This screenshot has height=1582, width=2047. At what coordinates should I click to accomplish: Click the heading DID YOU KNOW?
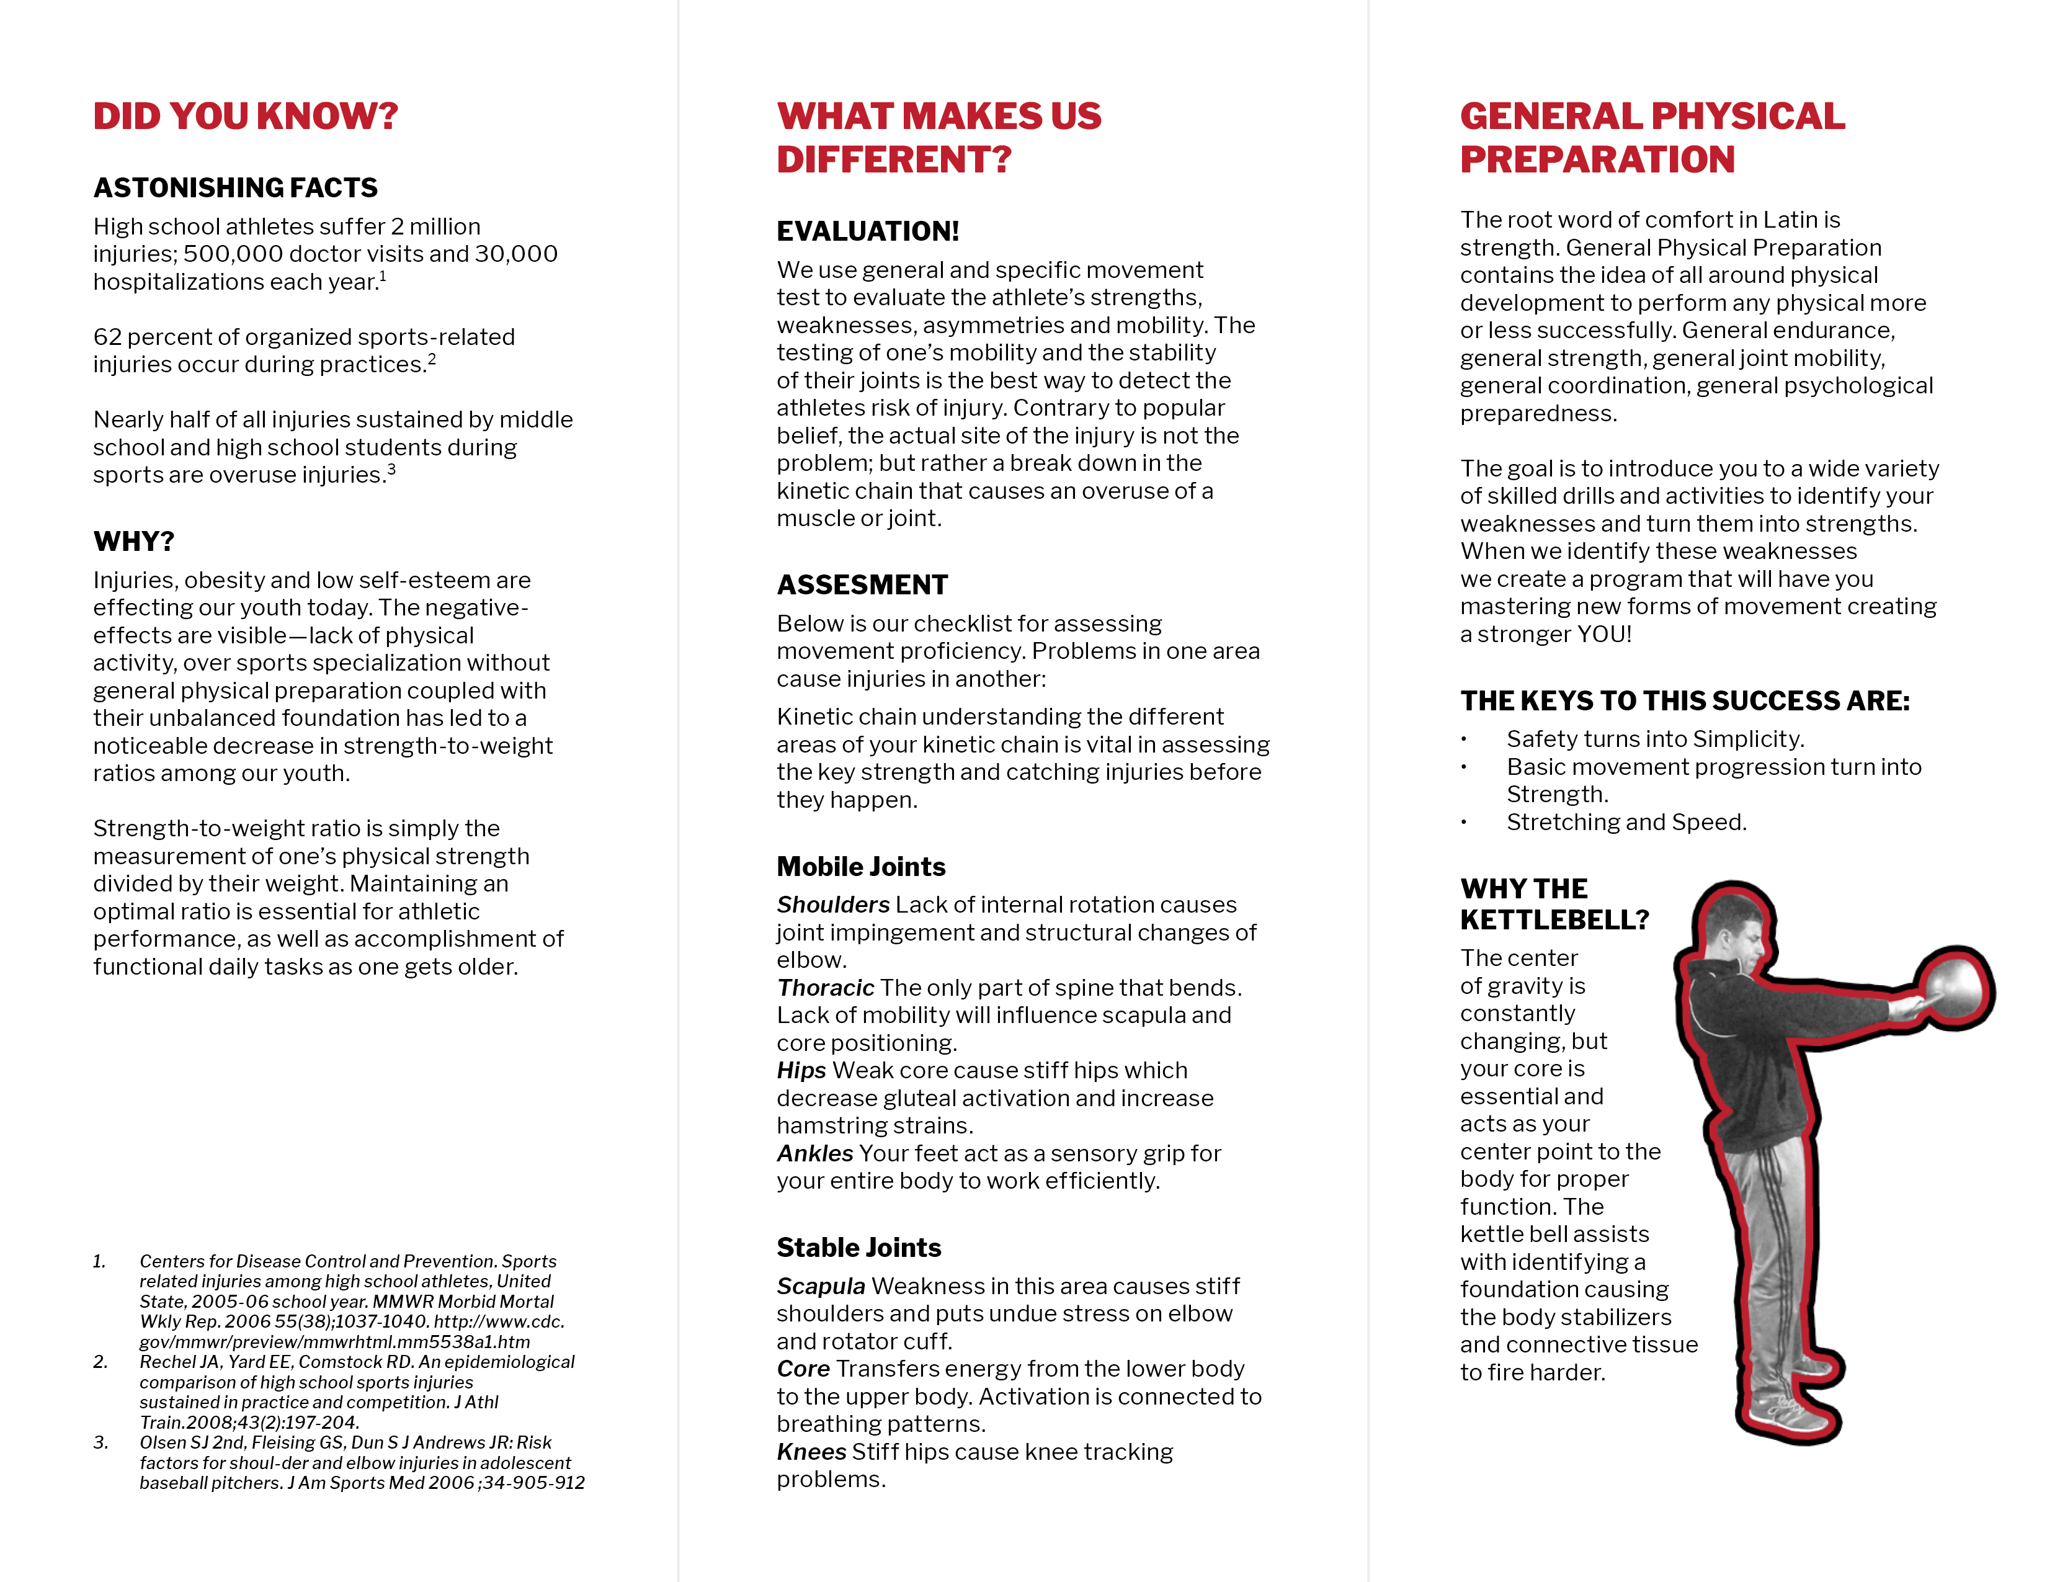tap(246, 116)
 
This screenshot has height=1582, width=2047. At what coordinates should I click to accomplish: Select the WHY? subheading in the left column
tap(134, 541)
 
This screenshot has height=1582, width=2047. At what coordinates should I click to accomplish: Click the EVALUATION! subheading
tap(868, 231)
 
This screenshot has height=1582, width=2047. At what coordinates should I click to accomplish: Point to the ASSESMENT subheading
tap(862, 585)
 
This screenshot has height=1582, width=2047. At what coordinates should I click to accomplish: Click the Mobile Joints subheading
tap(860, 866)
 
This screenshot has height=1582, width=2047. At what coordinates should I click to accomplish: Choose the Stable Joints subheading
tap(858, 1248)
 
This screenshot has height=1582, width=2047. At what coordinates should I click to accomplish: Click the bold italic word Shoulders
tap(832, 905)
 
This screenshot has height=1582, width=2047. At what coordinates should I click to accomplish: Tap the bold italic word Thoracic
tap(825, 988)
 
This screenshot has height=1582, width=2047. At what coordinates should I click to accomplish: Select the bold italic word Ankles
tap(814, 1154)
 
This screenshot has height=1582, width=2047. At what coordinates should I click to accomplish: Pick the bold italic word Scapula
tap(820, 1286)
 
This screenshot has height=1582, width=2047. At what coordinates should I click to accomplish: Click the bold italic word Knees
tap(811, 1452)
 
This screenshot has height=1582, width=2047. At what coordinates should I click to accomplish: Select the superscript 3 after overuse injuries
tap(392, 470)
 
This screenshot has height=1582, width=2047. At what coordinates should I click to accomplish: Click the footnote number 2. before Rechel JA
tap(100, 1362)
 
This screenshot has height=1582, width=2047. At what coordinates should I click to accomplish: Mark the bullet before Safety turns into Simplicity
tap(1463, 740)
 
